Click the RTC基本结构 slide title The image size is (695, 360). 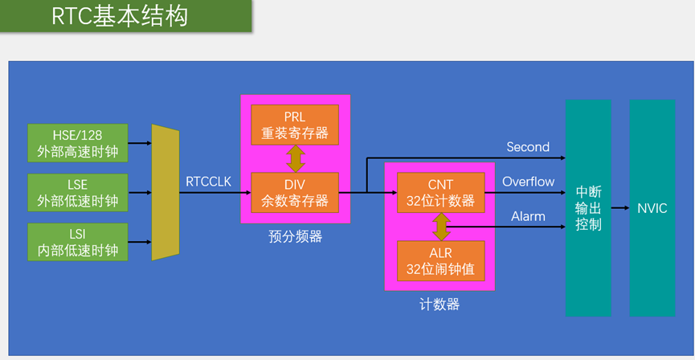120,16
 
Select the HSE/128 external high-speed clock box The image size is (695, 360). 77,143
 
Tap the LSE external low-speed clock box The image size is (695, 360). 77,193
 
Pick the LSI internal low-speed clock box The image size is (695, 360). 77,242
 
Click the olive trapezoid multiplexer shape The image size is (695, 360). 165,193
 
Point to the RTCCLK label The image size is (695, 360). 208,182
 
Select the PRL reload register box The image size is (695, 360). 295,125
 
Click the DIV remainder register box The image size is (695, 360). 295,193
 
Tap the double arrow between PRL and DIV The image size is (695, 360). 295,158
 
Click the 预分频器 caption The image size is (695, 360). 294,237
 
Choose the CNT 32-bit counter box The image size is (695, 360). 440,193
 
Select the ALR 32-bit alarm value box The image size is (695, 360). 440,261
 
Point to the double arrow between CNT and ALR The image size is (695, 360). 440,227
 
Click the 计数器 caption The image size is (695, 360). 440,305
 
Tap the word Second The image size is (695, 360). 528,147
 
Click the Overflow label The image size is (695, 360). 528,182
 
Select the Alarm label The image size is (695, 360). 528,216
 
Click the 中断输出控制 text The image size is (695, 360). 588,208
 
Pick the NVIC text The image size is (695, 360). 652,208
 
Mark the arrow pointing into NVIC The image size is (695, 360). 620,208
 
